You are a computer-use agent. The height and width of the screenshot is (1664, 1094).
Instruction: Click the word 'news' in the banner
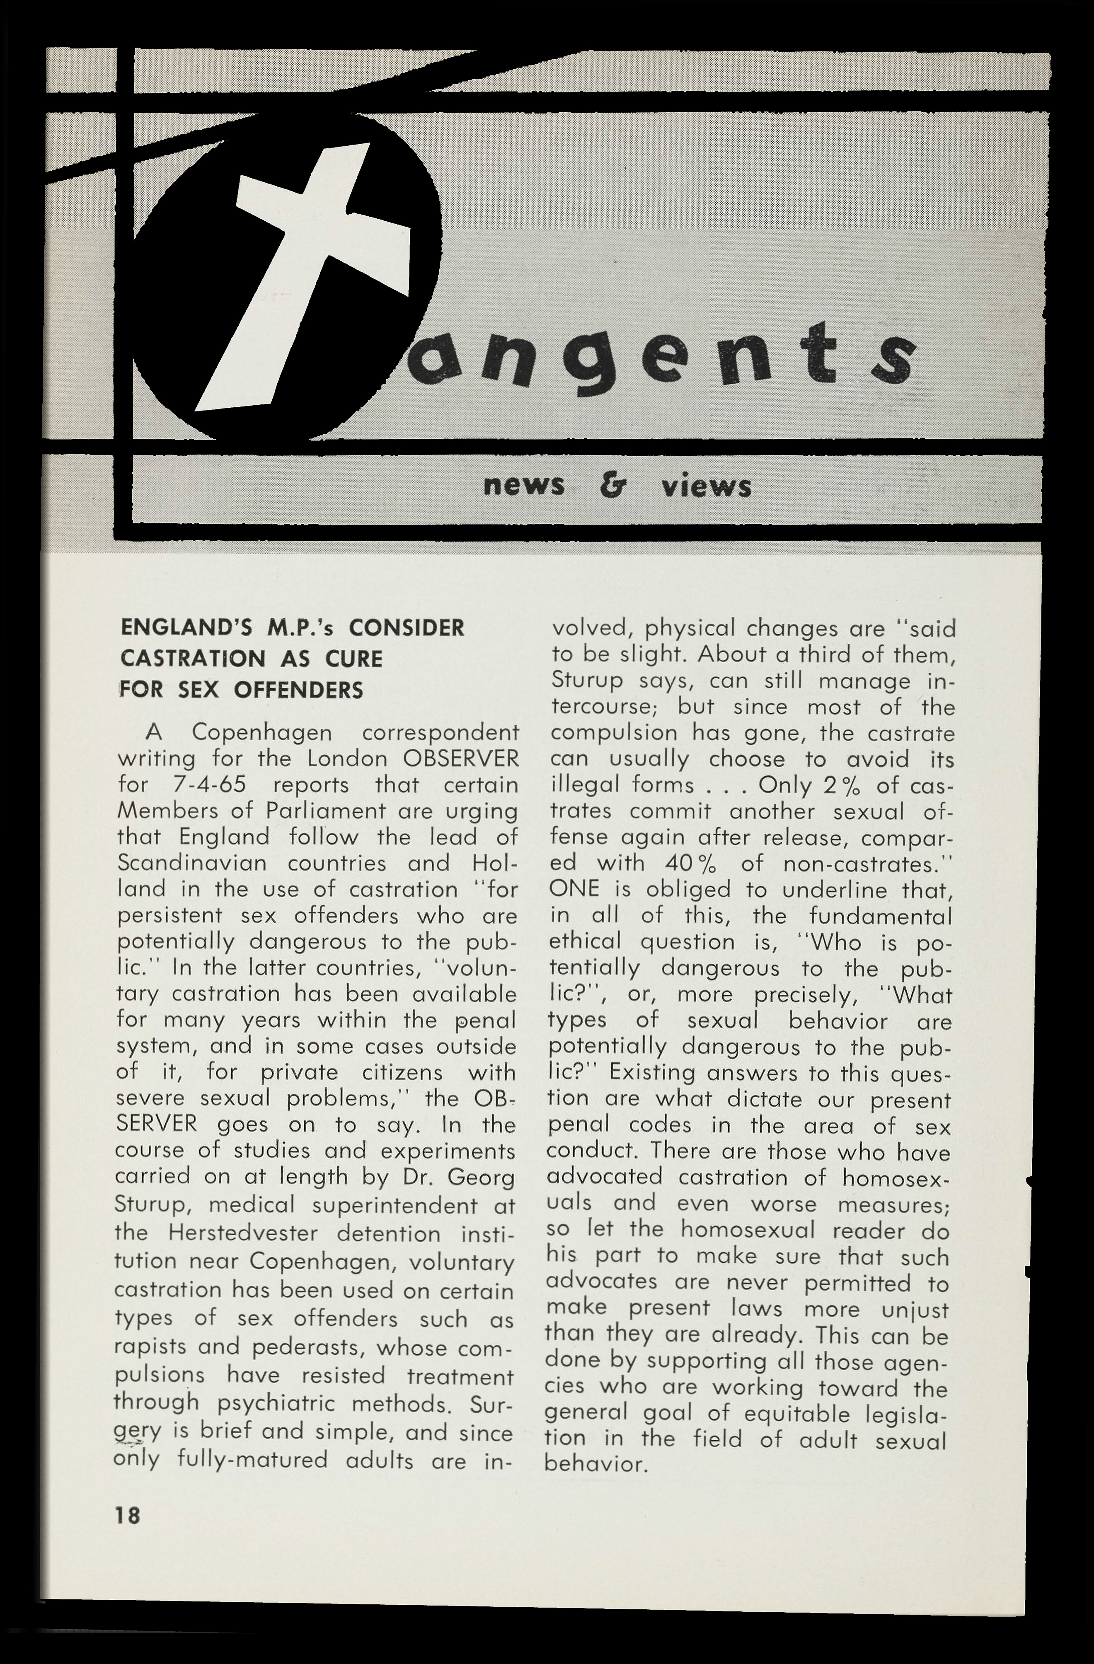click(x=524, y=486)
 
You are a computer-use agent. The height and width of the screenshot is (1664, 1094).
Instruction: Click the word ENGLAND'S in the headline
click(x=176, y=628)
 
